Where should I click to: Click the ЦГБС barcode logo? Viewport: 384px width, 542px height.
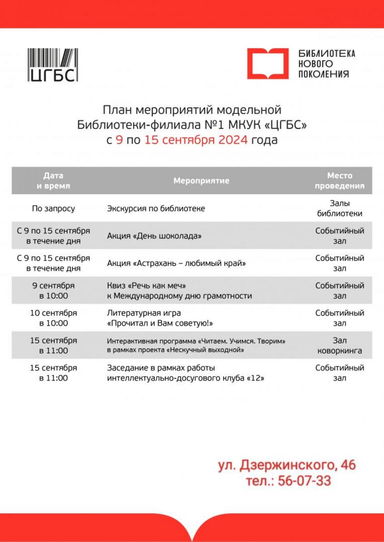click(x=53, y=65)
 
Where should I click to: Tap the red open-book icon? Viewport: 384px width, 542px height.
click(x=267, y=64)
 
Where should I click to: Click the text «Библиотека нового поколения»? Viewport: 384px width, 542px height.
click(x=326, y=64)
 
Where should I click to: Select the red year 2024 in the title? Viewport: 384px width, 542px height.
click(x=233, y=140)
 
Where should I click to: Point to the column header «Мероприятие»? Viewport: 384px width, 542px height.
click(x=201, y=181)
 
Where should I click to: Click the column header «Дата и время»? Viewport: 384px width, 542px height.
click(x=53, y=181)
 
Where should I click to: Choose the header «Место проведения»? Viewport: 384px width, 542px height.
click(x=340, y=181)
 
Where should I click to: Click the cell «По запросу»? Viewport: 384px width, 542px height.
click(x=53, y=208)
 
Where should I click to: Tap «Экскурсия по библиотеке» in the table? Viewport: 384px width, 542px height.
click(x=156, y=208)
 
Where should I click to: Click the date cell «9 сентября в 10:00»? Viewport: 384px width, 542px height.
click(x=53, y=291)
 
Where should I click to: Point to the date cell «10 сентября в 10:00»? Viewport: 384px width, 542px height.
click(x=53, y=318)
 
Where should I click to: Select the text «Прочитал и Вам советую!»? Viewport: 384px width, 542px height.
click(x=160, y=323)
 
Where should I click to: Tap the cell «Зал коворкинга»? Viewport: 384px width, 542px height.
click(x=340, y=345)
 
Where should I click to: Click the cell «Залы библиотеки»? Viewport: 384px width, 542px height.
click(x=340, y=208)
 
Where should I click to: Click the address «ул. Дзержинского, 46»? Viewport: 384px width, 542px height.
click(x=287, y=465)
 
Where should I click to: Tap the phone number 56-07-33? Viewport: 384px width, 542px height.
click(x=304, y=480)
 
